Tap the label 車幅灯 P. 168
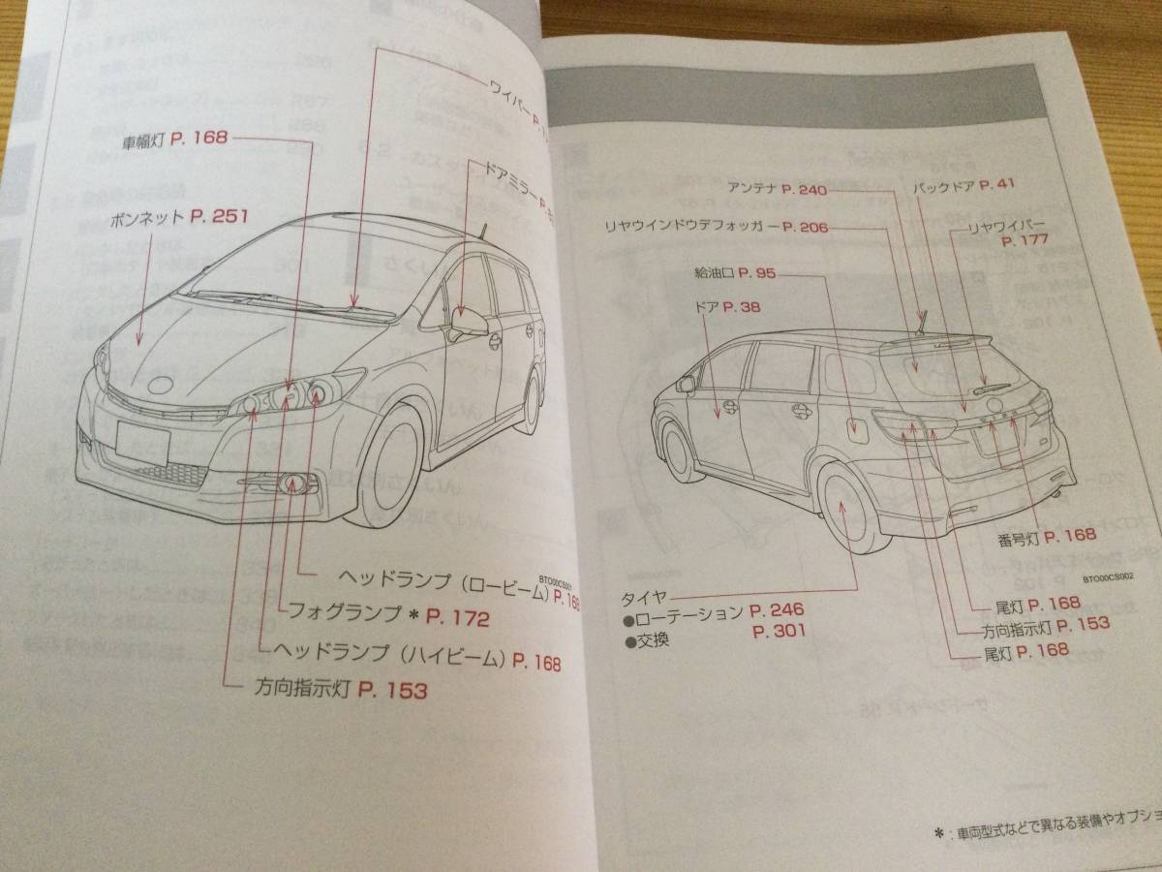coord(173,139)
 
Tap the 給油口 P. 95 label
coord(735,273)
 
